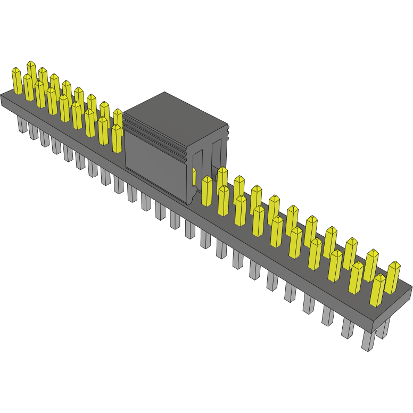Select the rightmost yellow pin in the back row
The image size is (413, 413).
click(393, 277)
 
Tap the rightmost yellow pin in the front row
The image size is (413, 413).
click(377, 290)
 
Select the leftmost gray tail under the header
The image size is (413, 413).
click(22, 125)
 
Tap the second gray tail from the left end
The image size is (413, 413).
click(33, 131)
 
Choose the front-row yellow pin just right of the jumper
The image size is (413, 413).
click(207, 191)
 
